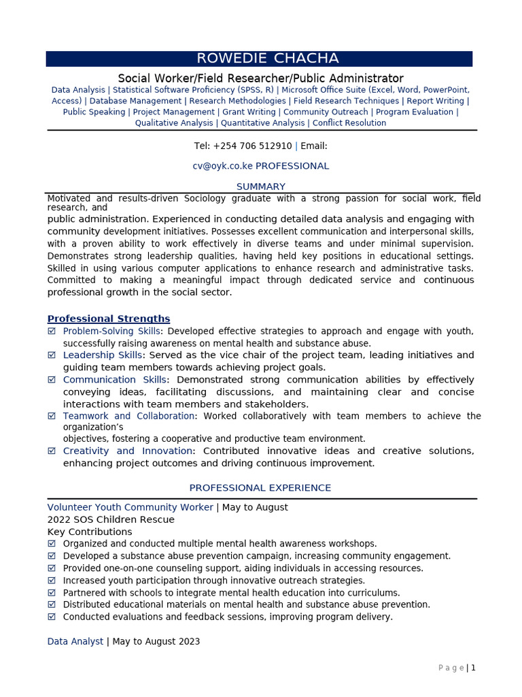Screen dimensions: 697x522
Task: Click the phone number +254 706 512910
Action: (252, 146)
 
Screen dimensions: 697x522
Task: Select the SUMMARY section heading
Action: (261, 187)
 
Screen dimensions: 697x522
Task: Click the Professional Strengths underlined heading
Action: (109, 319)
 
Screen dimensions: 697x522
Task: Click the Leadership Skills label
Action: (103, 355)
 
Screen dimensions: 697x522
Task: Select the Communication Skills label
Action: (114, 380)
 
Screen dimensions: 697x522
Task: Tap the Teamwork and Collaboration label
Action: (128, 416)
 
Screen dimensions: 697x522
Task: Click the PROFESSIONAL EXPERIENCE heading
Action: (260, 488)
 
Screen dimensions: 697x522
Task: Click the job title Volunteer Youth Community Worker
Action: (130, 507)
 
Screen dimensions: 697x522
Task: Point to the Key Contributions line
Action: (90, 532)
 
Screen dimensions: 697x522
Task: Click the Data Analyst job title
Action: (75, 641)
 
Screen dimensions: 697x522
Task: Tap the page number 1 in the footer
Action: (473, 668)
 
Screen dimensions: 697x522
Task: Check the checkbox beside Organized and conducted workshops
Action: (52, 544)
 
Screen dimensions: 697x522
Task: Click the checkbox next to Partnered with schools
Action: (52, 593)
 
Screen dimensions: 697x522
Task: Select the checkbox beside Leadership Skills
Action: (52, 355)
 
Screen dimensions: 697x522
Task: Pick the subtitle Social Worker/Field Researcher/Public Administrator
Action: (261, 78)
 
